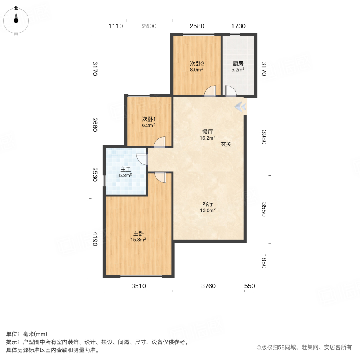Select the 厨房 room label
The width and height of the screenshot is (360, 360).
point(238,63)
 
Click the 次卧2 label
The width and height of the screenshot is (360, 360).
point(197,63)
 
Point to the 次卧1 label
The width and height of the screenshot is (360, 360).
point(149,119)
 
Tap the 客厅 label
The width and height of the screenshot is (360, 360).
point(208,204)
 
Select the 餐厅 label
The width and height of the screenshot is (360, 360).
point(208,132)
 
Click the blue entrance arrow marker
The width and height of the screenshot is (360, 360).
point(240,106)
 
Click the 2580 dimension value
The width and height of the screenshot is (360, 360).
point(197,26)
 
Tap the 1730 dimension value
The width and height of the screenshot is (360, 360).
point(238,26)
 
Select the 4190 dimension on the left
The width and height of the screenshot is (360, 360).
point(95,239)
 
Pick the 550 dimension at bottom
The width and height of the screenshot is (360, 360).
point(250,286)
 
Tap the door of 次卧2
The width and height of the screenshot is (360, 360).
point(210,92)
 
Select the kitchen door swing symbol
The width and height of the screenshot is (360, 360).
point(231,92)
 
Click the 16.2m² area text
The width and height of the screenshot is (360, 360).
point(208,138)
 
